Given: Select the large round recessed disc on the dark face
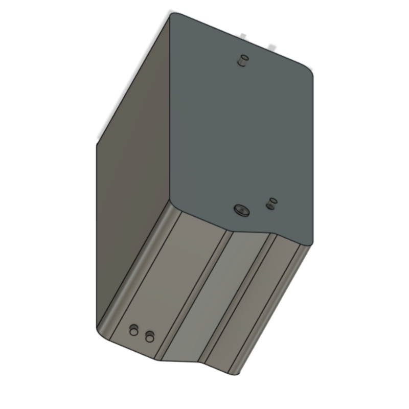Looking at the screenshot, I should tap(240, 209).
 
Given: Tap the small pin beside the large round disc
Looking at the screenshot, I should tap(271, 203).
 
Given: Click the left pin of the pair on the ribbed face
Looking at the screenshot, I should tap(134, 330).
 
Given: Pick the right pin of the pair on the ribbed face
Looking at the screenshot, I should tap(150, 336).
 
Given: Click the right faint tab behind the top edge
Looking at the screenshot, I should tap(271, 47).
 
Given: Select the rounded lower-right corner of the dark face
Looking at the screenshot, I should tap(308, 242).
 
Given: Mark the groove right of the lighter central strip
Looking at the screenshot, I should tap(238, 302).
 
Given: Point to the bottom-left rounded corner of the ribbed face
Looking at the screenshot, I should tap(101, 332).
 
